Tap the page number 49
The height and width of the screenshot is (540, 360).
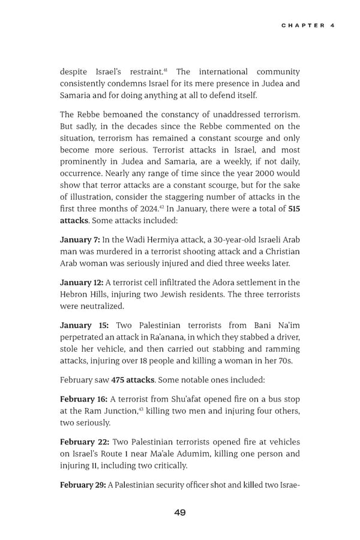coord(179,512)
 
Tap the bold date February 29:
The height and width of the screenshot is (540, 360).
coord(83,484)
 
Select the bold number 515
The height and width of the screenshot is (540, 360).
coord(294,208)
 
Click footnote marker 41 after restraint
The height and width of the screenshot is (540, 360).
coord(166,70)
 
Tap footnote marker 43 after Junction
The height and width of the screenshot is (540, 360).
coord(141,409)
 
